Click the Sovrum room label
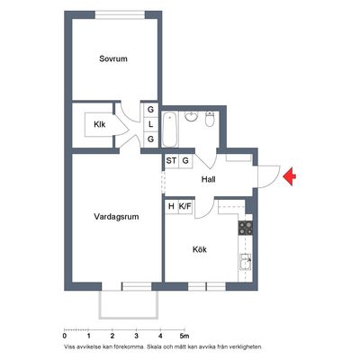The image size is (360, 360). pyautogui.click(x=113, y=58)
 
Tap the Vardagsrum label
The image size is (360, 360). pyautogui.click(x=116, y=217)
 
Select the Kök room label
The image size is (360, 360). pyautogui.click(x=200, y=249)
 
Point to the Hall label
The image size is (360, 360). pyautogui.click(x=209, y=179)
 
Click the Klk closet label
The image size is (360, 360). pyautogui.click(x=100, y=124)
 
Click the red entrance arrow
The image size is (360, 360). pyautogui.click(x=289, y=176)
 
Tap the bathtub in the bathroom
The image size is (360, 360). pyautogui.click(x=170, y=130)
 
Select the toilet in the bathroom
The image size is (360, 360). pyautogui.click(x=210, y=119)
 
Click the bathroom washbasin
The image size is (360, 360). pyautogui.click(x=191, y=116)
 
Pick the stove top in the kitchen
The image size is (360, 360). pyautogui.click(x=246, y=228)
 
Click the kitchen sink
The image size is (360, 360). pyautogui.click(x=246, y=262)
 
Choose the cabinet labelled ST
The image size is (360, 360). pyautogui.click(x=171, y=161)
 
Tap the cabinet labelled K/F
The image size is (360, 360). pyautogui.click(x=185, y=206)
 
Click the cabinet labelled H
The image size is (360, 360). pyautogui.click(x=171, y=206)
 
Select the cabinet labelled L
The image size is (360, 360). pyautogui.click(x=150, y=124)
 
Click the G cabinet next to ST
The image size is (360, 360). pyautogui.click(x=185, y=161)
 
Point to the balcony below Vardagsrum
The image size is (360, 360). pyautogui.click(x=129, y=304)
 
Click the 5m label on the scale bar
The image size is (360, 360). pyautogui.click(x=184, y=336)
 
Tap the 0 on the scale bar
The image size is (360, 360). pyautogui.click(x=65, y=336)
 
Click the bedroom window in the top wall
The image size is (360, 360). pyautogui.click(x=120, y=14)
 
